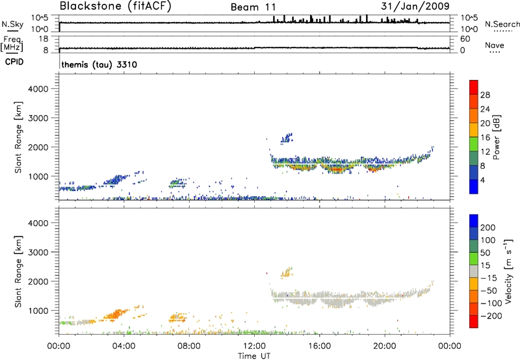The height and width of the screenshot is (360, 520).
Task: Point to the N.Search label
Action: (x=502, y=24)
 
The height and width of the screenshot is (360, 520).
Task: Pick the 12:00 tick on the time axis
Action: (x=255, y=345)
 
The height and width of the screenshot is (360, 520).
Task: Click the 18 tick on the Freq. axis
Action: (x=46, y=38)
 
